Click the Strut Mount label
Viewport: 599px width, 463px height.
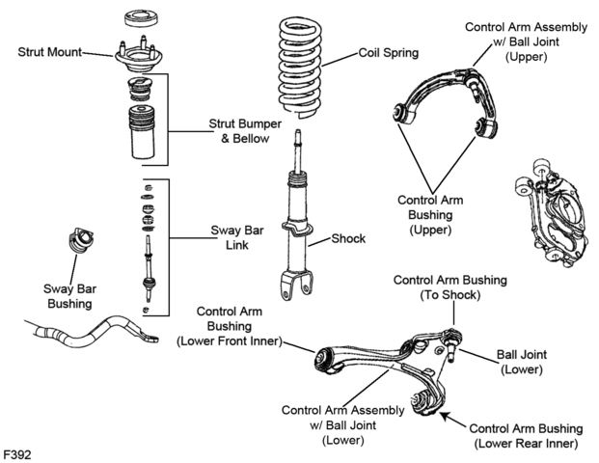pos(49,52)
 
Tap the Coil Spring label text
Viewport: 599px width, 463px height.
pos(389,53)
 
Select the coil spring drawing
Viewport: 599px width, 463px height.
pos(299,68)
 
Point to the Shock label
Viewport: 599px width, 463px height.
pos(348,239)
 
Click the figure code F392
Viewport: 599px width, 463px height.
pos(17,455)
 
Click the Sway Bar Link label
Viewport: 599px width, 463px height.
pos(237,237)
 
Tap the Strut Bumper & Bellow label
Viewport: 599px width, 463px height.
pos(245,131)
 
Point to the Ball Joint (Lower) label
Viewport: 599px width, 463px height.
pos(522,362)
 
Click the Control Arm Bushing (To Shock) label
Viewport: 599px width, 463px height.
pos(450,287)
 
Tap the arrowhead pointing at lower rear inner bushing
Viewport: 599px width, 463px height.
pos(445,415)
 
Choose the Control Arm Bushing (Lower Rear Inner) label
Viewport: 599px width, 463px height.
pos(526,436)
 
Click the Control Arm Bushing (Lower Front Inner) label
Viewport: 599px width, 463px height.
pos(230,326)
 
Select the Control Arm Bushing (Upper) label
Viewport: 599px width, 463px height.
pos(430,215)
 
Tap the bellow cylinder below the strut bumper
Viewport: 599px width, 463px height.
pos(142,132)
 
